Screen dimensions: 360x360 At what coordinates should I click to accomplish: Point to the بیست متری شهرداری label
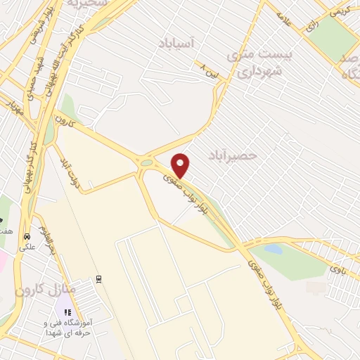click(x=255, y=63)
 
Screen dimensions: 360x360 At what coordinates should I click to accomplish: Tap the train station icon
click(x=99, y=277)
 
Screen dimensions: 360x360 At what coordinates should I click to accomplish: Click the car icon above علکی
click(x=27, y=236)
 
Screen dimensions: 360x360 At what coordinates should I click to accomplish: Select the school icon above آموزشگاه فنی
click(x=68, y=312)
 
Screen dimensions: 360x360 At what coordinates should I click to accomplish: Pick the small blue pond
click(x=273, y=249)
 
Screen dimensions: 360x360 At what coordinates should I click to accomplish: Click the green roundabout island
click(x=146, y=163)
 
